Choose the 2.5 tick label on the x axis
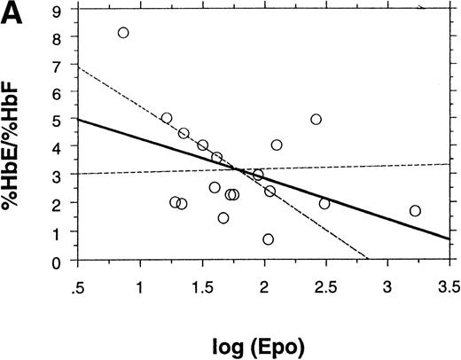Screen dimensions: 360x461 [x=324, y=287]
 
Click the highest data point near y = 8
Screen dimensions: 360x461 [x=123, y=33]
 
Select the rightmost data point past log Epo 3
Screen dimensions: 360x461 [x=415, y=211]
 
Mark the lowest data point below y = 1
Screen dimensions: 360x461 [x=268, y=239]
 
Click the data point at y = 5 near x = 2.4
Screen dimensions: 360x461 [x=316, y=120]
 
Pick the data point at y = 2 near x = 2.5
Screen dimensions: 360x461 [x=324, y=204]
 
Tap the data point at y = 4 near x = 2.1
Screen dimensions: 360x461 [x=277, y=145]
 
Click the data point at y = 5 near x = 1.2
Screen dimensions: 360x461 [x=167, y=118]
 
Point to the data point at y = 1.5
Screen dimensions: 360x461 [x=223, y=218]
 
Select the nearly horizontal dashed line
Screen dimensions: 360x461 [x=372, y=166]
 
